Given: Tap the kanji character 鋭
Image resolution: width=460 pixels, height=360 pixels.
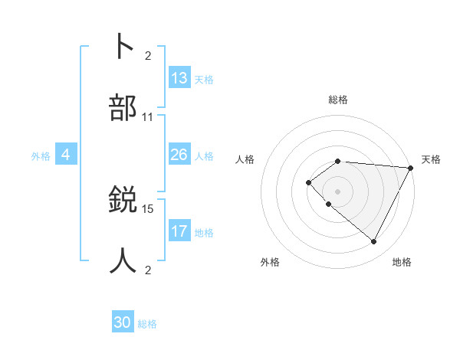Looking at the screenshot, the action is pos(124,199).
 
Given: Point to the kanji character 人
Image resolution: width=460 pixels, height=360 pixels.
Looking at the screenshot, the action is pos(124,260).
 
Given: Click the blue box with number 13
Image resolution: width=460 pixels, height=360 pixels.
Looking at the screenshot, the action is pos(179,77).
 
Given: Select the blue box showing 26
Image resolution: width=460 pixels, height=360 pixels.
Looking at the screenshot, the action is pos(179,155).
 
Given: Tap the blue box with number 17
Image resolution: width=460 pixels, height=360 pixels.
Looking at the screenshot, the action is pos(179,231).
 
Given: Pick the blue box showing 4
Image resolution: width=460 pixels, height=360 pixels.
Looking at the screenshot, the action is pos(66,155).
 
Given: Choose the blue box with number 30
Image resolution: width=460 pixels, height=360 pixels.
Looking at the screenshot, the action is pos(123,322).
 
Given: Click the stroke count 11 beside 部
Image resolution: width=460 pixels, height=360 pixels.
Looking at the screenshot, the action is pos(148,117).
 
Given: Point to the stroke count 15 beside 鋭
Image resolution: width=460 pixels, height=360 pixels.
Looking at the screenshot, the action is pos(148,208).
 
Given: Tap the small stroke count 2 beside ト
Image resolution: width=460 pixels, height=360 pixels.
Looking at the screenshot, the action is pos(148,55).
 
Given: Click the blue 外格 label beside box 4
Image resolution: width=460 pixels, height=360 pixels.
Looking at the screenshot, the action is pos(41,155).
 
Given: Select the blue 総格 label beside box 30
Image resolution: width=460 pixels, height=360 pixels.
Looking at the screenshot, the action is pos(147,324).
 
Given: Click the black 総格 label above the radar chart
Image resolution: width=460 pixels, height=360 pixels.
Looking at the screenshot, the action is pos(338,100).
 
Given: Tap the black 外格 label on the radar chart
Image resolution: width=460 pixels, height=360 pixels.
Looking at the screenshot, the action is pos(270,262).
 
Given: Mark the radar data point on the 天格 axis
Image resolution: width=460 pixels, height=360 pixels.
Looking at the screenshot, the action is pos(411,168).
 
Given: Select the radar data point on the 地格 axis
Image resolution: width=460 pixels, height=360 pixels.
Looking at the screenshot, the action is pos(374,242).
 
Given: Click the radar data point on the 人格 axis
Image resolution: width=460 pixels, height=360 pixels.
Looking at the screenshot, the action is pos(309,182).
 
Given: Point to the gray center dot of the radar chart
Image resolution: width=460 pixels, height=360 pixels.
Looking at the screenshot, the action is pos(338,191).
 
